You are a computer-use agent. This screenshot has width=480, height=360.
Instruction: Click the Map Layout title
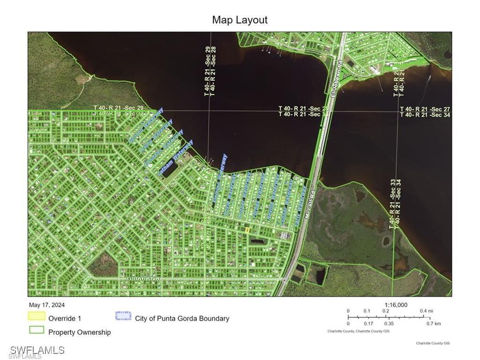240,20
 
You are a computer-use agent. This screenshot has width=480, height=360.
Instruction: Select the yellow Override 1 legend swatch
37,317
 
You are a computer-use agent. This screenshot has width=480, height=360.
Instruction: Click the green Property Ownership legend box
37,330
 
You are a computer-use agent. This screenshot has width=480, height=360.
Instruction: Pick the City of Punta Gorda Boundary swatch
123,315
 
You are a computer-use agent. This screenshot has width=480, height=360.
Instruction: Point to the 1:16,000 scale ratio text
396,305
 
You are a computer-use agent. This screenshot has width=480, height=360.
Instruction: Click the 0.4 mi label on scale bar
426,311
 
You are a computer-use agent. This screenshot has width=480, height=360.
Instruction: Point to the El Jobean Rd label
334,82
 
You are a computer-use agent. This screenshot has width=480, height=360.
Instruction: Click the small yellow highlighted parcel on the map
247,230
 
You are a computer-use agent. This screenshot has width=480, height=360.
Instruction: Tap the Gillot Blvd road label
143,279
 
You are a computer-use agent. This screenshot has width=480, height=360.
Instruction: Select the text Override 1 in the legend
65,318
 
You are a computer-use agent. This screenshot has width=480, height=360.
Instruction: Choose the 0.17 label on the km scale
368,323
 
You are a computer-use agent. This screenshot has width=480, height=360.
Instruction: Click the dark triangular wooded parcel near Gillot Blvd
102,265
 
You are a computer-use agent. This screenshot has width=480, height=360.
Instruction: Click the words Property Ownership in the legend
80,332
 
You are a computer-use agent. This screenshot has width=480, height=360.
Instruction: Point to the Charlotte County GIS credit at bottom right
433,343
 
